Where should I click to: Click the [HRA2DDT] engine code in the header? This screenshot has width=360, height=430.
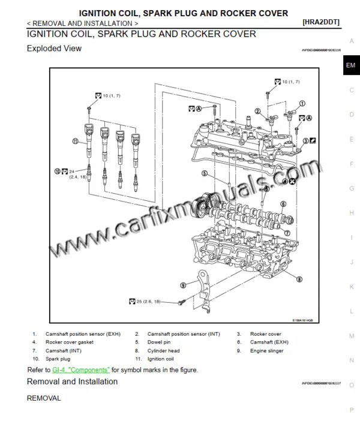tap(321, 22)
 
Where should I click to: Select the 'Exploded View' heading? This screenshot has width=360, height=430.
tap(54, 49)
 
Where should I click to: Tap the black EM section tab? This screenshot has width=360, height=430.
tap(351, 65)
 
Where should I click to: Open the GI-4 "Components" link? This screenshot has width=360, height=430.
tap(81, 370)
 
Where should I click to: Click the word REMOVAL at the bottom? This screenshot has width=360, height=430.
tap(44, 398)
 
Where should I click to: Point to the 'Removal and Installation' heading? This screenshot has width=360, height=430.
tap(72, 381)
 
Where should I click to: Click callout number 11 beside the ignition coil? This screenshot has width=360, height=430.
tap(75, 142)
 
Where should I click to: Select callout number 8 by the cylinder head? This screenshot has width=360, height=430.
tap(299, 279)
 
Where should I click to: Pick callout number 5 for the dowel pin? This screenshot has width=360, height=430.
tap(204, 174)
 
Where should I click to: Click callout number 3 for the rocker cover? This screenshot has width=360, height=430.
tap(305, 141)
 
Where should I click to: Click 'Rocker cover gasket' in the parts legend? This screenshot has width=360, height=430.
tap(69, 342)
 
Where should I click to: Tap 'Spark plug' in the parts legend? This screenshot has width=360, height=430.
tap(58, 359)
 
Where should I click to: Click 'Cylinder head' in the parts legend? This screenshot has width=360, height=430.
tap(164, 350)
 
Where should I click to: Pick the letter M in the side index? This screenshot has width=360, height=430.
tap(351, 336)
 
